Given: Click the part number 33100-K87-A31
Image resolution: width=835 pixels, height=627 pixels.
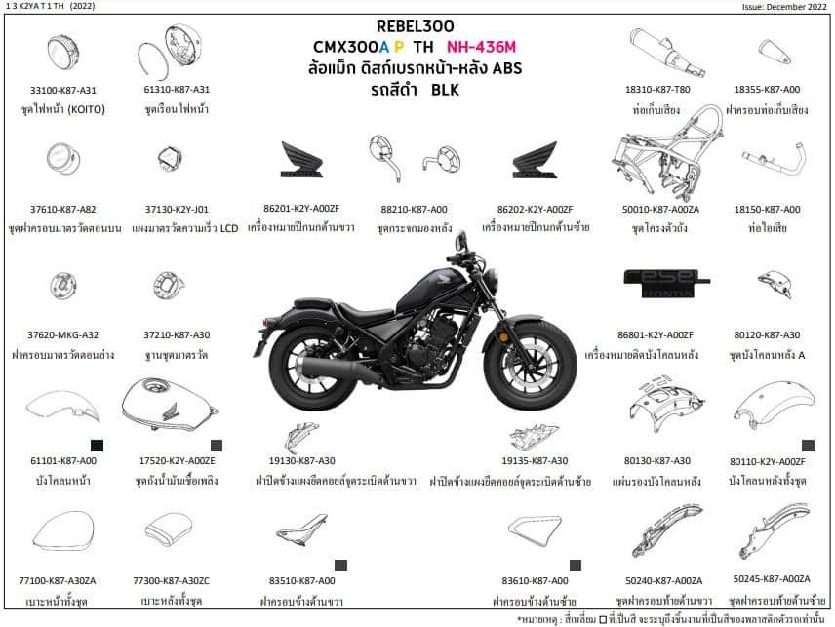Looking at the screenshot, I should [x=65, y=90].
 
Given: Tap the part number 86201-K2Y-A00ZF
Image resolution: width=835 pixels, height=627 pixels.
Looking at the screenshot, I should [x=301, y=210].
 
